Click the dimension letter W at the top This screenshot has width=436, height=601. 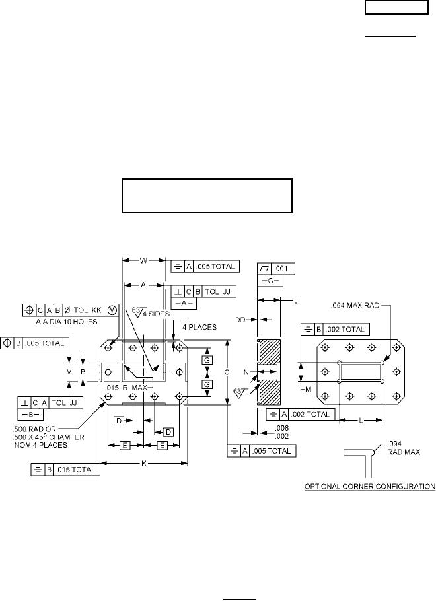[x=143, y=261]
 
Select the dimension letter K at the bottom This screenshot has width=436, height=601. [x=144, y=464]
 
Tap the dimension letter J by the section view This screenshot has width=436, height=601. [x=296, y=301]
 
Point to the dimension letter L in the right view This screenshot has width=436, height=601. [x=361, y=421]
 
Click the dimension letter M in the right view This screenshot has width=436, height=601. [x=309, y=390]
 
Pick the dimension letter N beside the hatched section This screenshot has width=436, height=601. [x=246, y=372]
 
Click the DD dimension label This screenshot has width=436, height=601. [x=240, y=320]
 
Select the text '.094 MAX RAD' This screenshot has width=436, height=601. [x=355, y=306]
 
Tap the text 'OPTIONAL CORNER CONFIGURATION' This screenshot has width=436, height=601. [x=370, y=486]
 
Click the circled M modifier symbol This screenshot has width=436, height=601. [x=112, y=310]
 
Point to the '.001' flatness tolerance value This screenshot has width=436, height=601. [x=281, y=269]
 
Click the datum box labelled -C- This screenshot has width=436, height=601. [x=270, y=281]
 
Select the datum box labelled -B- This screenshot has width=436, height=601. [x=30, y=415]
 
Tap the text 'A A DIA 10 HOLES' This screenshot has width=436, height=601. [x=66, y=322]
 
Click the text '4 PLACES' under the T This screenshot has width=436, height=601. [x=200, y=328]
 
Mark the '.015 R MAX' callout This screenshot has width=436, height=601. [x=126, y=388]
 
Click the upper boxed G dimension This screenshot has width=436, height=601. [x=207, y=361]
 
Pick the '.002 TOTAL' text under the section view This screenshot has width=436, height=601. [x=310, y=414]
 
